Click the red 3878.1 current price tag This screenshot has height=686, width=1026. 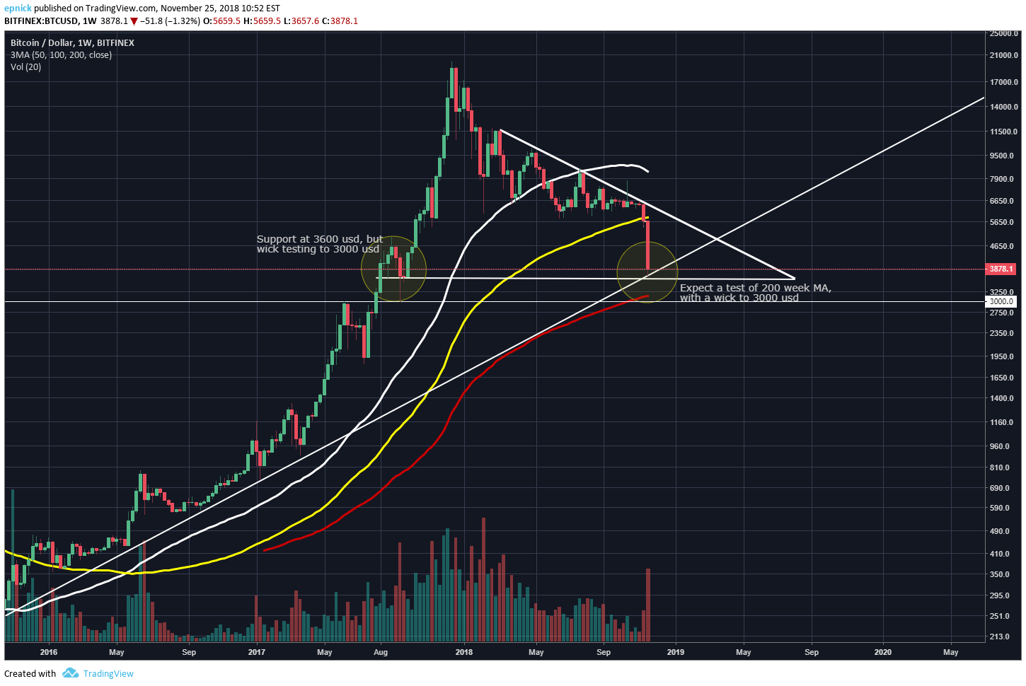point(1001,269)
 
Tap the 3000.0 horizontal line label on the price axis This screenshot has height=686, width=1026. point(1001,301)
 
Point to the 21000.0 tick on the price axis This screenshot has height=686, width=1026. point(1003,55)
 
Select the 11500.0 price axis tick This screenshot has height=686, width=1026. point(1003,132)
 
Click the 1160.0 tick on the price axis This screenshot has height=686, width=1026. point(1002,422)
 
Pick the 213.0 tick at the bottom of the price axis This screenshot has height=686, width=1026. point(999,636)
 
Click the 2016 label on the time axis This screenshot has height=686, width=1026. point(49,652)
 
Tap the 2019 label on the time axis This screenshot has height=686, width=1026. point(675,652)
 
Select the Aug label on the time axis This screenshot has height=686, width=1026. point(381,652)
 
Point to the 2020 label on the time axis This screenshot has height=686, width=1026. point(882,652)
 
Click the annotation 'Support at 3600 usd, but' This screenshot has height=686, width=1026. point(320,239)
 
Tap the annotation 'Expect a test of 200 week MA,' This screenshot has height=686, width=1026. point(755,288)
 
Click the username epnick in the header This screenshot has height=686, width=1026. point(18,8)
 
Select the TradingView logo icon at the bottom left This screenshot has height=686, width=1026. point(70,673)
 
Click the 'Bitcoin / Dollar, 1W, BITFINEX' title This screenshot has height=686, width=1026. point(72,42)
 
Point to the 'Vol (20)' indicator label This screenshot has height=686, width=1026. point(25,66)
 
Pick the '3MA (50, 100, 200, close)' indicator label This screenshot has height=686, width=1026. point(61,54)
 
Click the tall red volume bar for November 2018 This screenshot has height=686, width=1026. point(648,605)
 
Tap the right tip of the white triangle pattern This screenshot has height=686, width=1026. point(794,278)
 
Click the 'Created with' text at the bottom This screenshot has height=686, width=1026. point(30,673)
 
